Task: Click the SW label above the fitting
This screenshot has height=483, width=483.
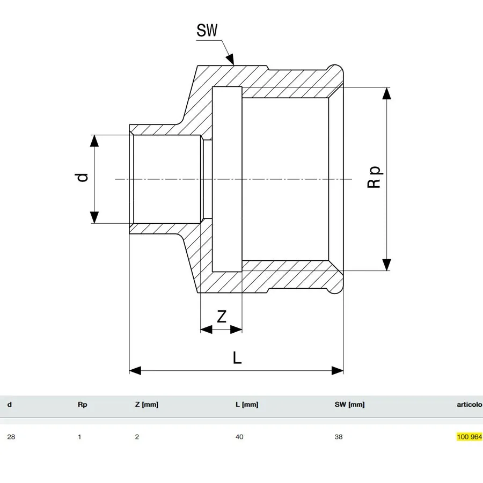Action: (x=207, y=30)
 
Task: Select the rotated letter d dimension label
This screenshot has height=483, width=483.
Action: (x=82, y=178)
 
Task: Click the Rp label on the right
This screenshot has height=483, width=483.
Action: (x=374, y=177)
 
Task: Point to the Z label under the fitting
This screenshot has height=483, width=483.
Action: (x=222, y=316)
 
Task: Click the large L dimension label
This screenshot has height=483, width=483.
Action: (x=237, y=357)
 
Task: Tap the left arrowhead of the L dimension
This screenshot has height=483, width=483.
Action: (x=135, y=370)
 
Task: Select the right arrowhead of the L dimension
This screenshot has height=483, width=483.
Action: (x=338, y=370)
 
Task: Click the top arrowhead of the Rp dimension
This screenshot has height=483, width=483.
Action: (x=386, y=93)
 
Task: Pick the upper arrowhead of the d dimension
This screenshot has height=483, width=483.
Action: (x=94, y=141)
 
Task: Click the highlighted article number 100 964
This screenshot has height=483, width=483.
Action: (x=470, y=436)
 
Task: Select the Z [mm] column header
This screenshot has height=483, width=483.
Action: (x=147, y=405)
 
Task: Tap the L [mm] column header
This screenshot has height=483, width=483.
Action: (x=247, y=405)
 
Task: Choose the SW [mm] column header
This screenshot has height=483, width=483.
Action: (x=349, y=405)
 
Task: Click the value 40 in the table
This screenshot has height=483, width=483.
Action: (x=239, y=437)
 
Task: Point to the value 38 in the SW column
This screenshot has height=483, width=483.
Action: (x=339, y=437)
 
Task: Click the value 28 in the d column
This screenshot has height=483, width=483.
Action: (x=11, y=437)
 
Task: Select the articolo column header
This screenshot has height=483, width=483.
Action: (x=470, y=405)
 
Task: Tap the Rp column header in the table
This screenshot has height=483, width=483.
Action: (x=82, y=405)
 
